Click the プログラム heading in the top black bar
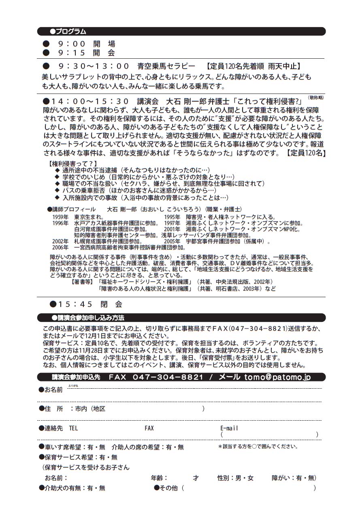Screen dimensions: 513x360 pos(68,32)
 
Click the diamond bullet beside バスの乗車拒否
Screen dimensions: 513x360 pos(57,190)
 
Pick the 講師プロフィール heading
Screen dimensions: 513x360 pos(70,209)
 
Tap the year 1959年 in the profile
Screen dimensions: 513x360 pos(60,217)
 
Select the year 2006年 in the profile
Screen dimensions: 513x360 pos(60,247)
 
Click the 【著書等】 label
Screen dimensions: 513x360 pos(82,282)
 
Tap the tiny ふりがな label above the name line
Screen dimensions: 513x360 pos(73,386)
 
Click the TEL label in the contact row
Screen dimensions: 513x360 pos(73,428)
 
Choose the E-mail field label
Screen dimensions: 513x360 pos(229,428)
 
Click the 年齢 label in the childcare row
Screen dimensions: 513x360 pos(159,478)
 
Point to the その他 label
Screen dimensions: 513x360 pos(168,488)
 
